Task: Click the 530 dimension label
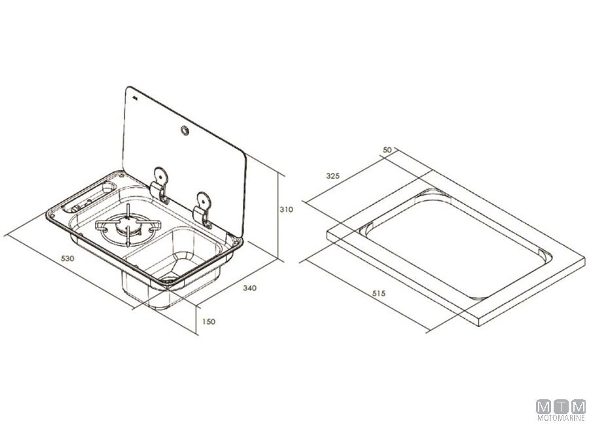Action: (67, 258)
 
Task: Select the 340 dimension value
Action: (250, 288)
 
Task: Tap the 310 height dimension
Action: (286, 209)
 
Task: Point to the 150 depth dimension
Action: (209, 321)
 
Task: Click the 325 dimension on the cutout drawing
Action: (333, 175)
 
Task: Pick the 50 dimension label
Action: (387, 150)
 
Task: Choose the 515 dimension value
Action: (379, 293)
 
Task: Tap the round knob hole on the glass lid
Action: (185, 130)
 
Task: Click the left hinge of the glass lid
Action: (160, 185)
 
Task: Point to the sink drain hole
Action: (169, 279)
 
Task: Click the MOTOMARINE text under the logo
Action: (562, 417)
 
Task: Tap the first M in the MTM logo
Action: (543, 407)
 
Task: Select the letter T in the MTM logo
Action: (561, 407)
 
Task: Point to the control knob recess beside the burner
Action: (89, 198)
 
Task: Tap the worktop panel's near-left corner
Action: (328, 234)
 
